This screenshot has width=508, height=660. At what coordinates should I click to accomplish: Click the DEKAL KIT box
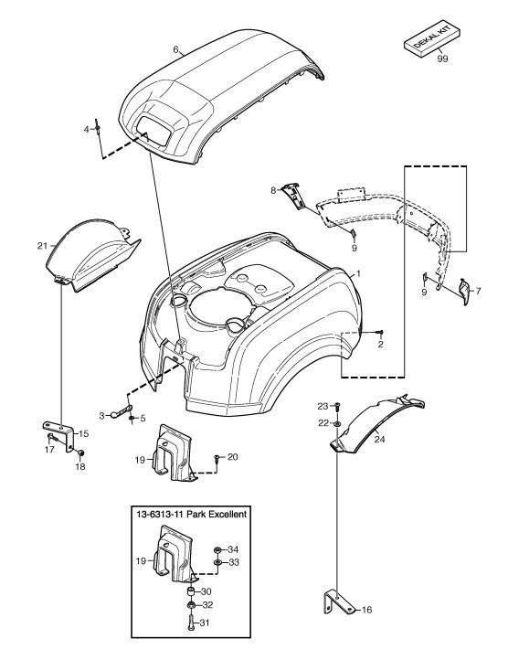(432, 40)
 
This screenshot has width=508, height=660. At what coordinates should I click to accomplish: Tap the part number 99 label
(442, 59)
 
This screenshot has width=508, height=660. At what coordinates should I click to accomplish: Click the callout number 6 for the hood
(176, 49)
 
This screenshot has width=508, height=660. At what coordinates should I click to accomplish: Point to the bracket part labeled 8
(293, 196)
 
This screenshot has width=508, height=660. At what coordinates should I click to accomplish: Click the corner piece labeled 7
(464, 292)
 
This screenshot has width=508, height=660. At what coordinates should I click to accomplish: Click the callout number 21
(42, 246)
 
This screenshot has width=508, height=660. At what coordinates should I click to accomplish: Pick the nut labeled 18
(81, 452)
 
